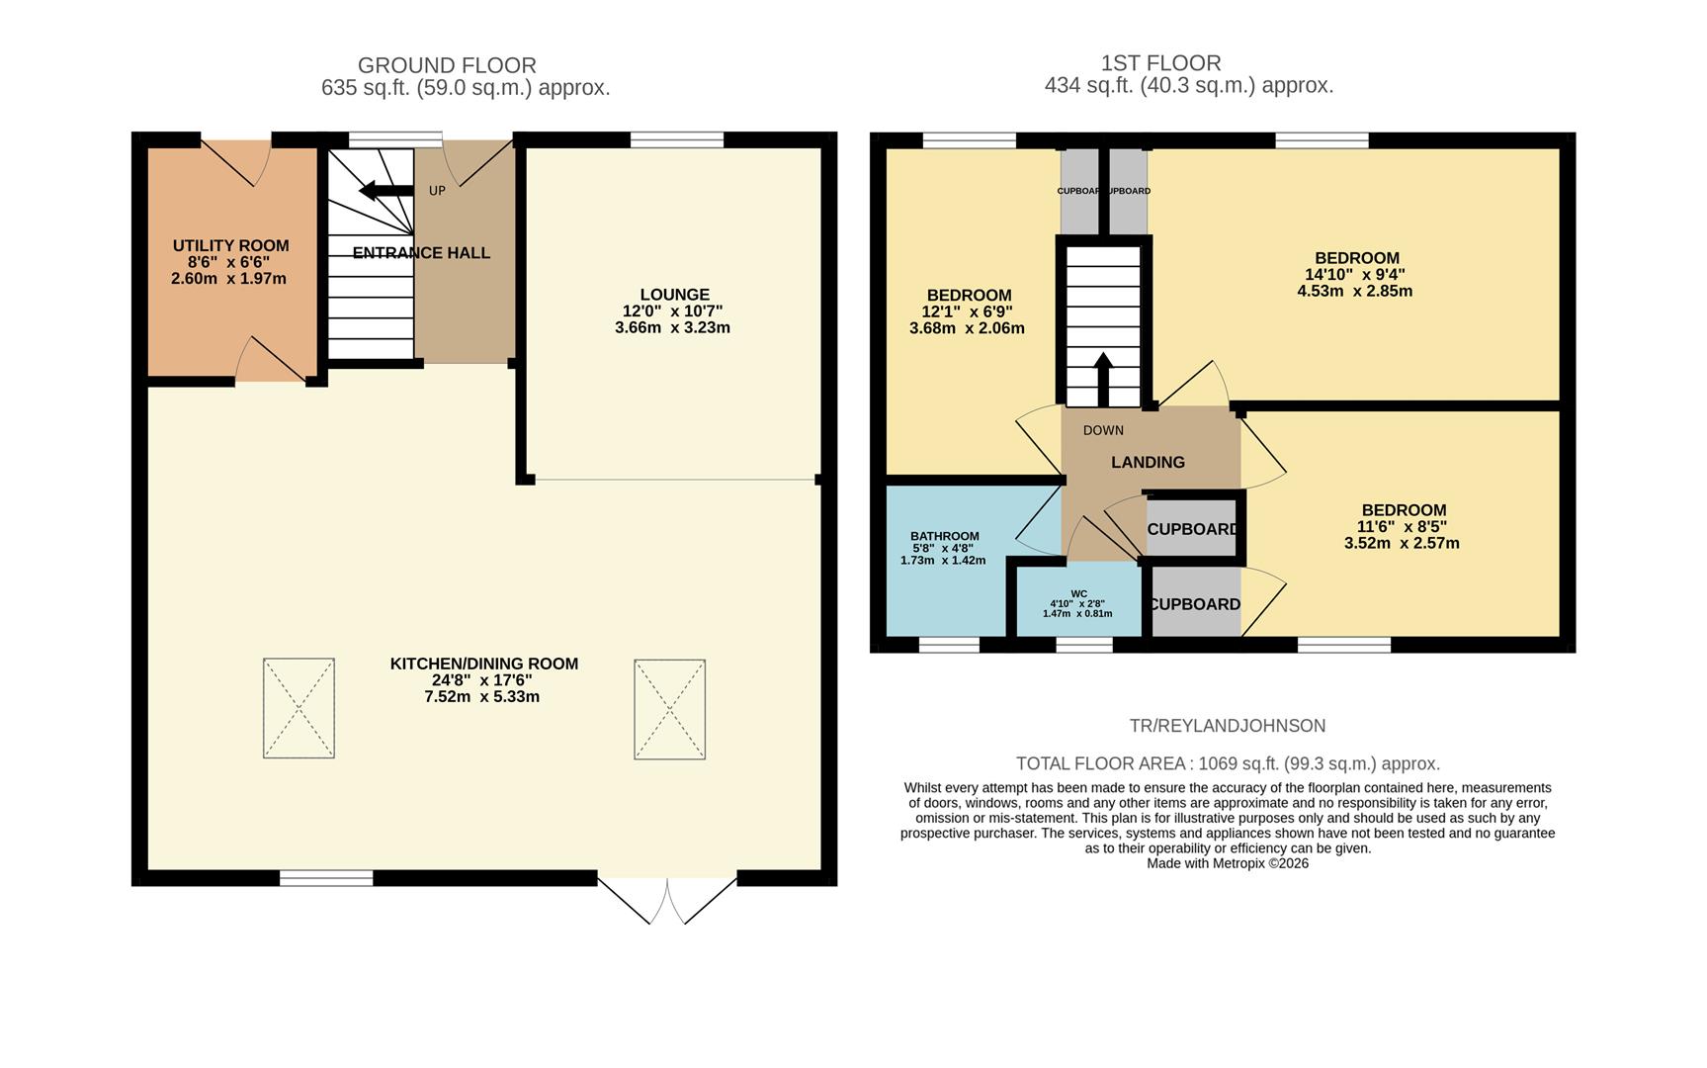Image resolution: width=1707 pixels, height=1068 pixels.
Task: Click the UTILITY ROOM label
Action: coord(230,245)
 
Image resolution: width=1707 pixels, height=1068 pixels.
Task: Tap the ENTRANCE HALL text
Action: coord(421,253)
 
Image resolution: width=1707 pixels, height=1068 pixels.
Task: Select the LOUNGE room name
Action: coord(674,295)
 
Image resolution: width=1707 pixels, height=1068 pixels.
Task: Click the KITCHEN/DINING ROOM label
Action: coord(483,664)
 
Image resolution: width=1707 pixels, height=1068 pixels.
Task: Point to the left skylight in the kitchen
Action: coord(299,708)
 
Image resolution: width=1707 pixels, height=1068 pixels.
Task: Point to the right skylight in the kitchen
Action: coord(669,709)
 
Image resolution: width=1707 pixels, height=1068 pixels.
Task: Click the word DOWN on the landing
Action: coord(1103,430)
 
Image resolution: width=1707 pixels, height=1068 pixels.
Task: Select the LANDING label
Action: coord(1148,462)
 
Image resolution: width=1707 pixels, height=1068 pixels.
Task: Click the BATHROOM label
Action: coord(944,536)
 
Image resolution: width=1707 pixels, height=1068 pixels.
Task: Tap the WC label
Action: coord(1078,593)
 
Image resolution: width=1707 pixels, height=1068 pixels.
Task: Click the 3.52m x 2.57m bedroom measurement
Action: coord(1401,543)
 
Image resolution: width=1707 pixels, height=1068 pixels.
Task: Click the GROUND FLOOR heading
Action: coord(447,65)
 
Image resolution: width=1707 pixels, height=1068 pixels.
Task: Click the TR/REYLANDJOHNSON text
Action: coord(1227,726)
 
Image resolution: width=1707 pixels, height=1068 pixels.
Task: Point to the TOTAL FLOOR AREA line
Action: coord(1227,763)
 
